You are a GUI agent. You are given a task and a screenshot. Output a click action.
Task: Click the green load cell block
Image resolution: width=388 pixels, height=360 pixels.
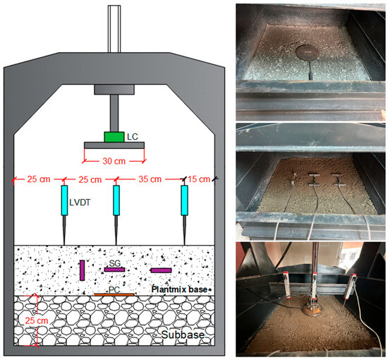(114, 137)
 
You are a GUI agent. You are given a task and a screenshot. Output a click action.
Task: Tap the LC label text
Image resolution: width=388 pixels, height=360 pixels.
(133, 137)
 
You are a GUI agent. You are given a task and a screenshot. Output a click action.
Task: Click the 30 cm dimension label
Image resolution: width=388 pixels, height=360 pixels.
(114, 161)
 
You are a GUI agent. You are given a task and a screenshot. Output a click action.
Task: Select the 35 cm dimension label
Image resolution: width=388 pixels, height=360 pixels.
(150, 179)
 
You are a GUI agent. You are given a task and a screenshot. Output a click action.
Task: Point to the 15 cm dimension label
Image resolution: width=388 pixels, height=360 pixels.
(199, 179)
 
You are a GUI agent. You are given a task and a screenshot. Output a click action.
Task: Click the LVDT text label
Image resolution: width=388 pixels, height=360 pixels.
(80, 203)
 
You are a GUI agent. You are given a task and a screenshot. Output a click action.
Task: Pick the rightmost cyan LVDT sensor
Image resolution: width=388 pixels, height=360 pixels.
(184, 200)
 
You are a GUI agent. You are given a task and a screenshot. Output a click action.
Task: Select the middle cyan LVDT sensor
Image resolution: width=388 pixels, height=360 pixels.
(116, 200)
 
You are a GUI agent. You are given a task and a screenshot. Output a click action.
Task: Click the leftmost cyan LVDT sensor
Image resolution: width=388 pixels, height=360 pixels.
(64, 200)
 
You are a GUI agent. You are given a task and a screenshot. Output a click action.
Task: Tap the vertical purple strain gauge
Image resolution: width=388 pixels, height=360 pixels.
(82, 270)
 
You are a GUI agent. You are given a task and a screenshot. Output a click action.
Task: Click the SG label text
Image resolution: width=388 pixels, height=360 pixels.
(114, 263)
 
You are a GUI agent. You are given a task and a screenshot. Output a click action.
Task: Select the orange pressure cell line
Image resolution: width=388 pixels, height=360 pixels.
(114, 294)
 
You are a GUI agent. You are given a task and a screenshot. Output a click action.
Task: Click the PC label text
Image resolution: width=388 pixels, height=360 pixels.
(114, 289)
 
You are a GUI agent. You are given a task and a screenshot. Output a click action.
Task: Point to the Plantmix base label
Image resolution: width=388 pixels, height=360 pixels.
(179, 289)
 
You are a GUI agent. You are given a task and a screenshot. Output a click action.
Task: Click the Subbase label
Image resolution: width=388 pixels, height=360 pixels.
(183, 335)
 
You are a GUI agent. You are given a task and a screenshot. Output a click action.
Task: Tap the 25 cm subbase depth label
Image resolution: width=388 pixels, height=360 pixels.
(37, 320)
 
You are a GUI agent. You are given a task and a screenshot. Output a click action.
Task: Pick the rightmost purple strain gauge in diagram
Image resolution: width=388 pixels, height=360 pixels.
(161, 270)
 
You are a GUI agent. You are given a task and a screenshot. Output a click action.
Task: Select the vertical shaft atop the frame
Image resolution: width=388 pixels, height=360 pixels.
(114, 29)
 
